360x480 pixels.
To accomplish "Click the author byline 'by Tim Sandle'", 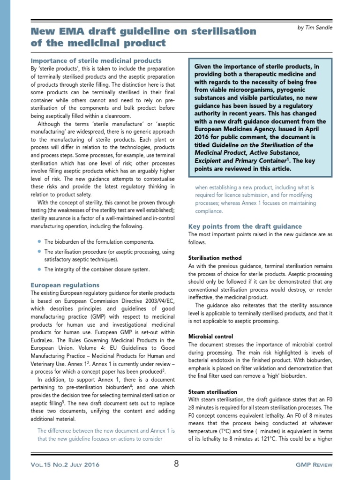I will (x=315, y=28).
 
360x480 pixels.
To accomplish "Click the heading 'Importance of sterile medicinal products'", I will (x=96, y=61).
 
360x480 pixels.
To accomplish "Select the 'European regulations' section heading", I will (x=65, y=285).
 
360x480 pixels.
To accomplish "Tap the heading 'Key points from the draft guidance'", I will (x=245, y=226).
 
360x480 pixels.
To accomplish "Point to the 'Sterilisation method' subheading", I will (x=215, y=258).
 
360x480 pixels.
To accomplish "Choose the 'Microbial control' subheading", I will (x=210, y=337).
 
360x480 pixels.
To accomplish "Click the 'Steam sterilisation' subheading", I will (x=212, y=392).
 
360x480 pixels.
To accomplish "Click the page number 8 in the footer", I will (x=176, y=464).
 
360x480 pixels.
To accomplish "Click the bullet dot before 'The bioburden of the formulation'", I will (x=38, y=241).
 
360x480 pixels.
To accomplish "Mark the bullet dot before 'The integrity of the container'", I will (x=38, y=269).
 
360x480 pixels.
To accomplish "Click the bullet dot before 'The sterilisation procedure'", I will (x=38, y=252).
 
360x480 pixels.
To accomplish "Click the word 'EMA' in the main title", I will (x=77, y=31).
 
